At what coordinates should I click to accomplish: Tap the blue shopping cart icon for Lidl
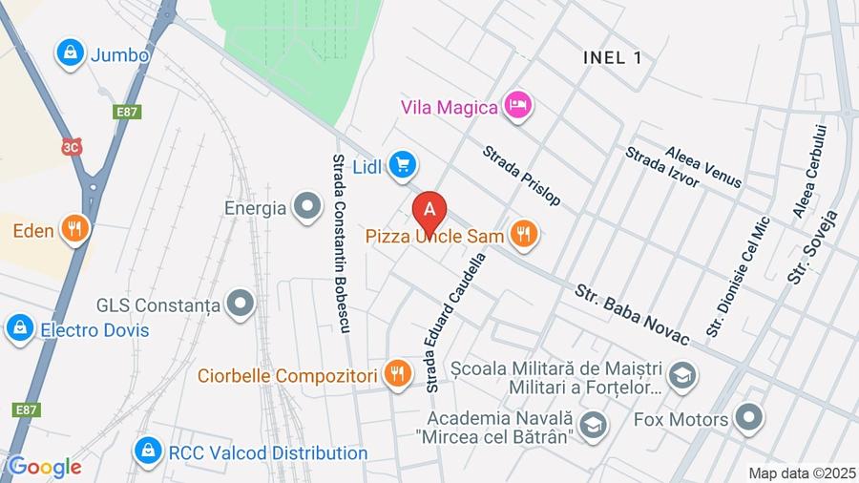point(403,166)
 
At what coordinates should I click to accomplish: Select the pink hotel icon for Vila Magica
point(517,106)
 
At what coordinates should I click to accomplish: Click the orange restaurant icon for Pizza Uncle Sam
point(523,233)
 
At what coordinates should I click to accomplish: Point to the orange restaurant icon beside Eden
point(73,229)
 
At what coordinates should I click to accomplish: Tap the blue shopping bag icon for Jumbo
point(70,54)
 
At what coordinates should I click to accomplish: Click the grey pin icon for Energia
point(307,207)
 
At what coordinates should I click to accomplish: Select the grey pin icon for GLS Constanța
point(241,305)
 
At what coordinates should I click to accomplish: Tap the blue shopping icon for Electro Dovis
point(19,329)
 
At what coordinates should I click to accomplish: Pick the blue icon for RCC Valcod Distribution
point(147,451)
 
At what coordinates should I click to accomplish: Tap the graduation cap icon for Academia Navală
point(593,427)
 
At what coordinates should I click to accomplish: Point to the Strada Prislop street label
point(521,176)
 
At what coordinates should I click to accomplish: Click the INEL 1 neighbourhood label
point(612,57)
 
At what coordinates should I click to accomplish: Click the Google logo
point(42,468)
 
